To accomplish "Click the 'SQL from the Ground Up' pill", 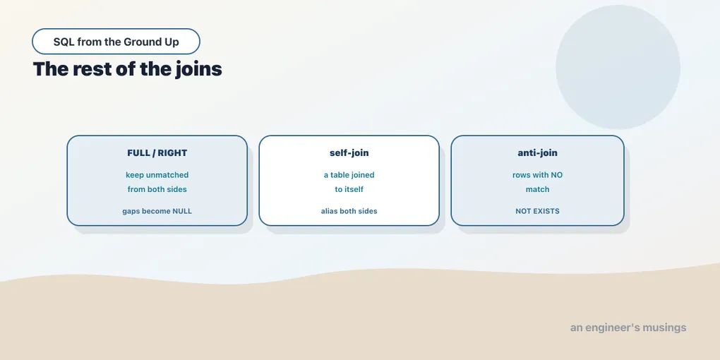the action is pos(116,42).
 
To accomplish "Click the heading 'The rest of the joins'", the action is pos(128,69).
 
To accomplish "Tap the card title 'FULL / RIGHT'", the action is pos(157,153).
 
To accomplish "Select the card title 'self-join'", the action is pos(349,153).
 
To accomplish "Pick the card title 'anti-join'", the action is pos(537,153).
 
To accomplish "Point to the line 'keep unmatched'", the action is pos(157,175).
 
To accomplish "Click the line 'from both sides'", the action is pos(157,189).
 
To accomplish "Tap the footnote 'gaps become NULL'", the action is pos(157,211).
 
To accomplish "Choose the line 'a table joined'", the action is pos(349,175).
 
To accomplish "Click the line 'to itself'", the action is pos(349,189).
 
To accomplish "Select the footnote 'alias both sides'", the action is pos(349,211).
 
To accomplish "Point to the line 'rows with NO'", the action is pos(537,175).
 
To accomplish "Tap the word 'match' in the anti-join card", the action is pos(537,189).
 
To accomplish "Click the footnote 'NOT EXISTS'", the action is pos(537,211).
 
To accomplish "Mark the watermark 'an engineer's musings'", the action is pos(628,328).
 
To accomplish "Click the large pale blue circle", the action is pos(618,67).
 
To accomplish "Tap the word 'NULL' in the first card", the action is pos(182,211).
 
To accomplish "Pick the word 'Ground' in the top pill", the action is pos(140,42).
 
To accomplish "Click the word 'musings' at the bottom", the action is pos(664,328).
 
